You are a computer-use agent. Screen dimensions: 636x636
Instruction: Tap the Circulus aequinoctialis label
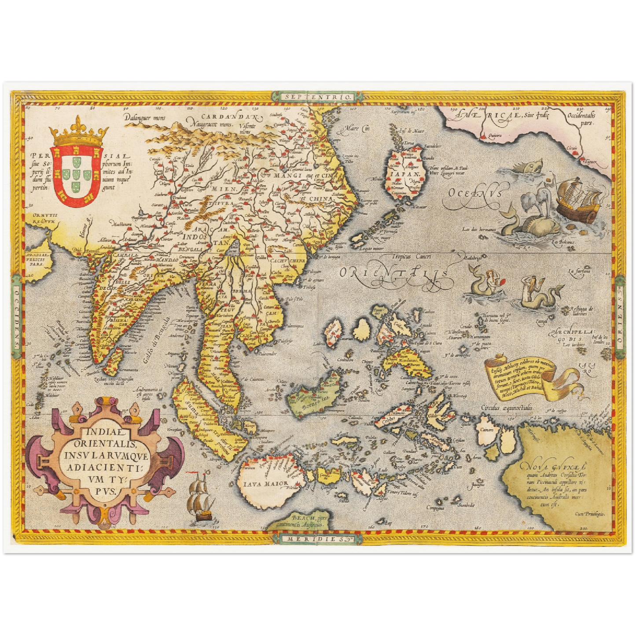point(507,408)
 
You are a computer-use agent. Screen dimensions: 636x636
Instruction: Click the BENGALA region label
point(190,249)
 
